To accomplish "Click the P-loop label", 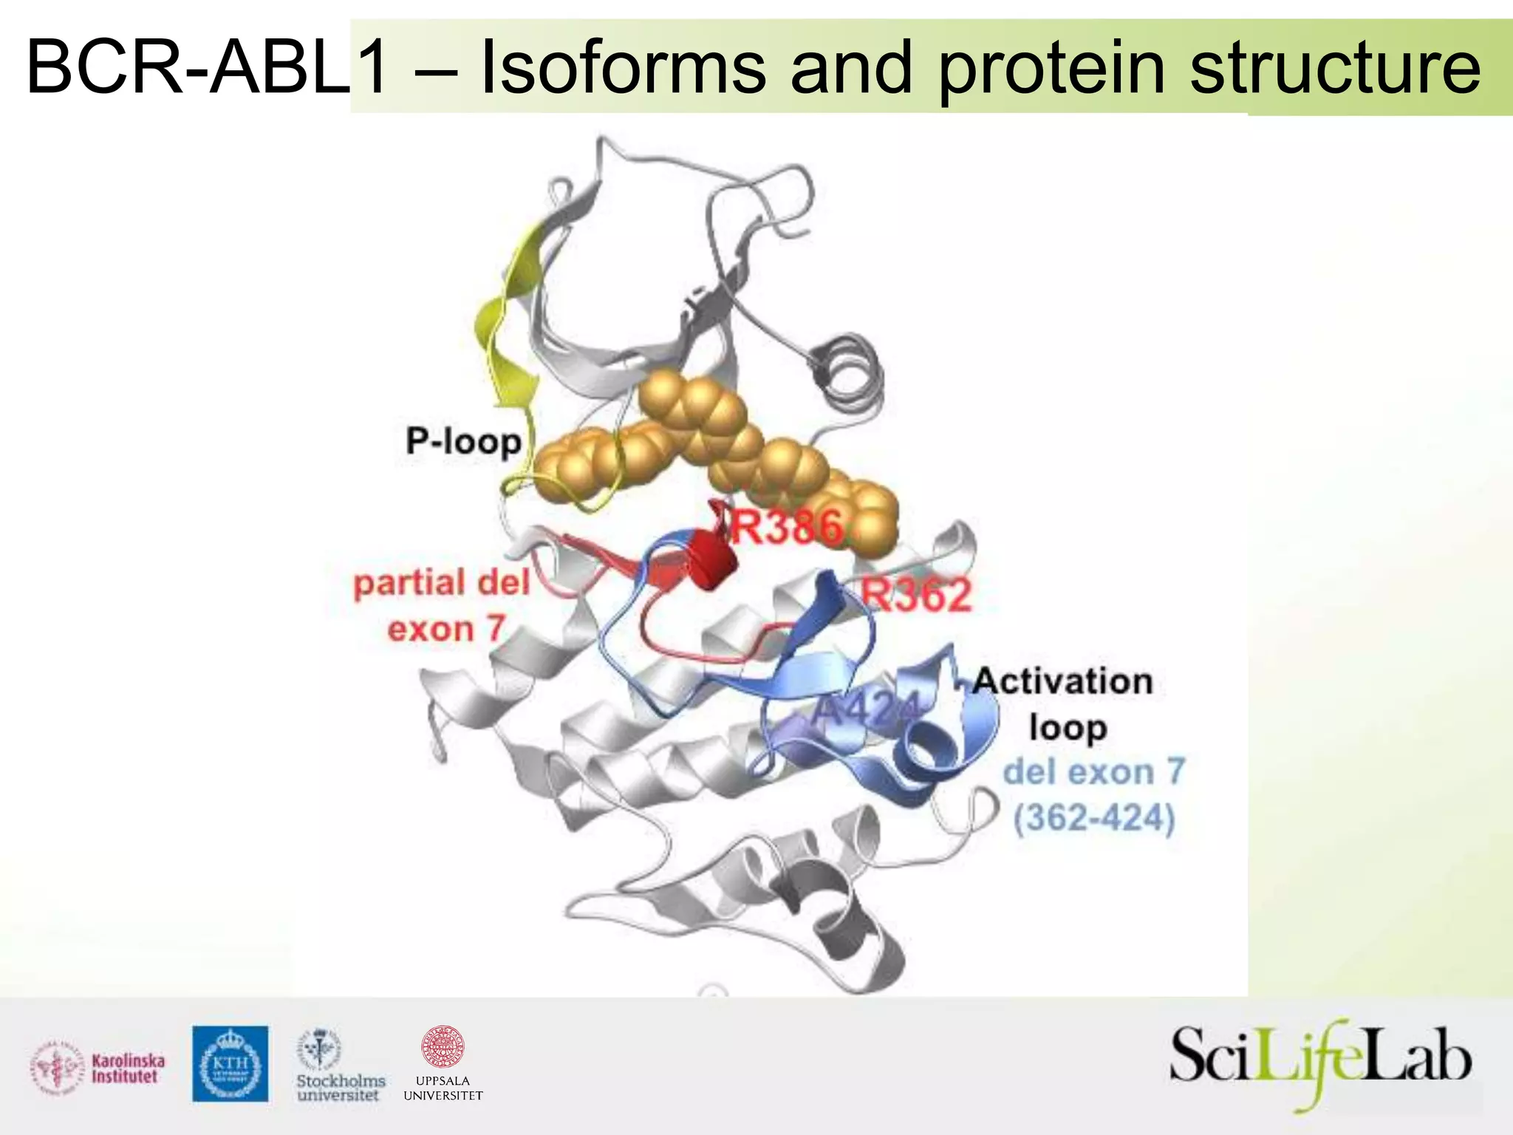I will click(463, 441).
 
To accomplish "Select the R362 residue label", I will click(917, 596).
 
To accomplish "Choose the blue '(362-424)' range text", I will click(1093, 818).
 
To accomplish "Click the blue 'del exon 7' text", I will click(1093, 772).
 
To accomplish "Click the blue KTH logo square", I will click(230, 1064).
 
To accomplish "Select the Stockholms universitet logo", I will click(340, 1066).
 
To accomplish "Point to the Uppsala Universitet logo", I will click(443, 1064).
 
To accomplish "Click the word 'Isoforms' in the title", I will click(623, 68).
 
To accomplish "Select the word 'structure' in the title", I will click(1335, 68).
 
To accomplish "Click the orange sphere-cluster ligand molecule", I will click(709, 443).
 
